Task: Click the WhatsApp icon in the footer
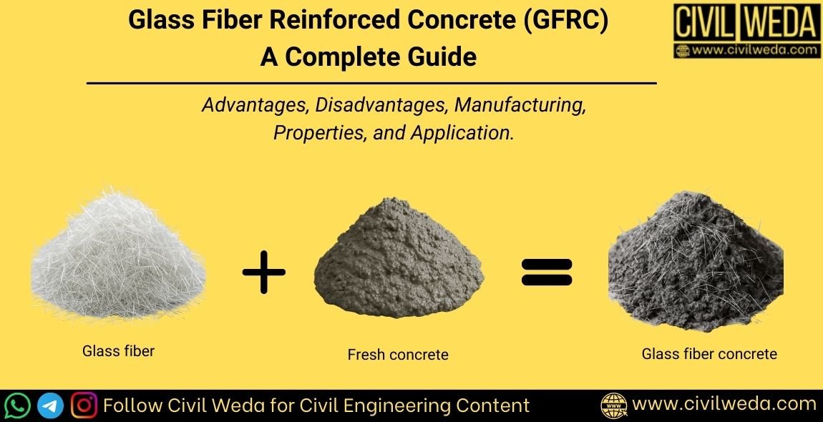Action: pos(17,406)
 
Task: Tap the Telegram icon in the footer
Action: pos(51,406)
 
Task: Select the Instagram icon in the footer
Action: pos(85,406)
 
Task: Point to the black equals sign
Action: pos(547,271)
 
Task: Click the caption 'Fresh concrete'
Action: pos(398,355)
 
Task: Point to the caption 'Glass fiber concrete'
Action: pos(709,354)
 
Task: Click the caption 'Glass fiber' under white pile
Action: pos(119,351)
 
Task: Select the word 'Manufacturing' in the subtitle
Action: pos(520,105)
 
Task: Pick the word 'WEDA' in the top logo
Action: pos(780,22)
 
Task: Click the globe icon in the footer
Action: pos(614,406)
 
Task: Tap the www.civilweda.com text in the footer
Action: pos(724,404)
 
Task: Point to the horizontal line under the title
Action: pos(371,84)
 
